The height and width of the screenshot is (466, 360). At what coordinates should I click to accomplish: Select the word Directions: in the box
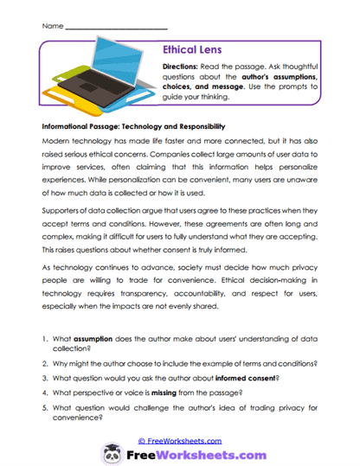[181, 67]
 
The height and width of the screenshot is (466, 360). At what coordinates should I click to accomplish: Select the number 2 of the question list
[45, 364]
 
